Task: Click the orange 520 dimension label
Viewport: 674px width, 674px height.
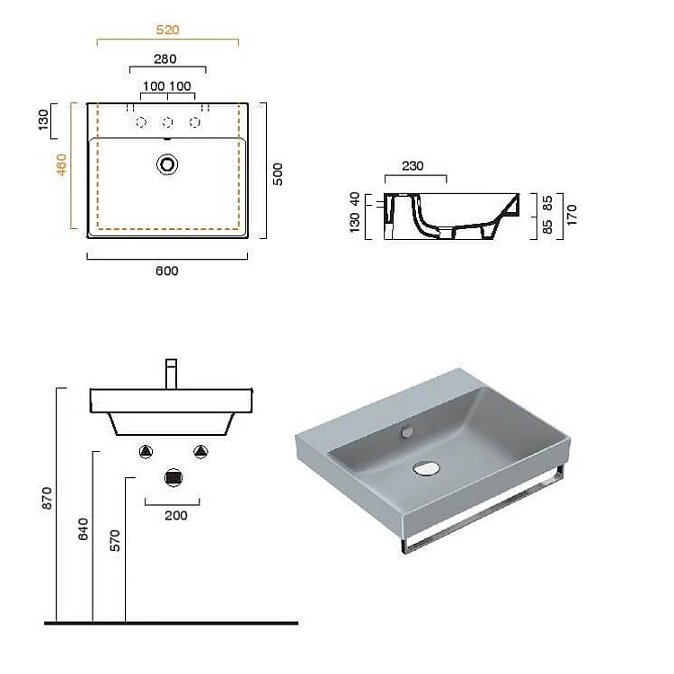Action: (168, 30)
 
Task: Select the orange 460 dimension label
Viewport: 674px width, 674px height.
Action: (61, 164)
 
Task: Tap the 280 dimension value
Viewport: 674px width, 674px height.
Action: (165, 59)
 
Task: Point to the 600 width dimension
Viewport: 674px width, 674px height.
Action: (167, 270)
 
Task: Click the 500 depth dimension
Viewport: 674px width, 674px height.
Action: (278, 174)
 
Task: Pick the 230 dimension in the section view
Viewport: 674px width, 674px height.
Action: (412, 166)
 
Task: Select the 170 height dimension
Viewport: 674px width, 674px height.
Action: (572, 216)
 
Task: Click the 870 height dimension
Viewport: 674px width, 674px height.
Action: (47, 499)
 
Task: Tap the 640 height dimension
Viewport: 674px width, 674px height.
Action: (83, 529)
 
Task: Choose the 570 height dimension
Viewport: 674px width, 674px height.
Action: (115, 541)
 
